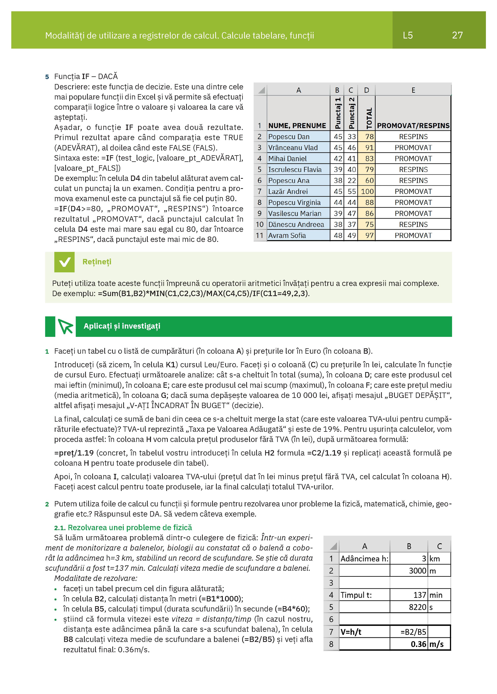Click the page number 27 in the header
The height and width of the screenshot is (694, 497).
coord(457,35)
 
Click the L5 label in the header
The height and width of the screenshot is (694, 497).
coord(408,35)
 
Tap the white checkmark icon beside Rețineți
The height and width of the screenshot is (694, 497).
coord(64,262)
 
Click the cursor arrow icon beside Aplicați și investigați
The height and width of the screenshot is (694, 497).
coord(65,327)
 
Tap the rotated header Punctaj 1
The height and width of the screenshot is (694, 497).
coord(337,113)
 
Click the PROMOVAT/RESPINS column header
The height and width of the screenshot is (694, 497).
coord(413,125)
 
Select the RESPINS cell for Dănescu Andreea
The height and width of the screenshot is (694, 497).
coord(413,225)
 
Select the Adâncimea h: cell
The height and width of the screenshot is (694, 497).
coord(364,559)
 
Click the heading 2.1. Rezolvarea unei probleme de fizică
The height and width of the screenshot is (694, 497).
coord(123,527)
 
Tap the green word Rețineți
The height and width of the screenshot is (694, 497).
coord(97,262)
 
